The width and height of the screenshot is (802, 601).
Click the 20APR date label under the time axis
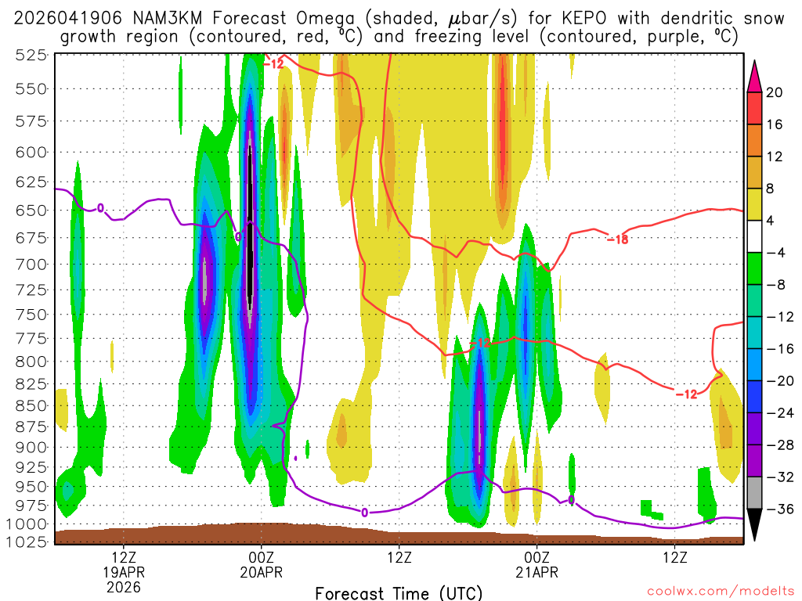[261, 572]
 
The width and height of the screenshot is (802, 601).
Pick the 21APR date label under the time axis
[536, 572]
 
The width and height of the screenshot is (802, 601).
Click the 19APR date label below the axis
[125, 572]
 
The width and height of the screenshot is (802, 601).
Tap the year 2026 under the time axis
[125, 586]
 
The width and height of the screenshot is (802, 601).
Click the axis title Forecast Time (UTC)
[399, 592]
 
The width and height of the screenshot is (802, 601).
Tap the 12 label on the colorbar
[775, 157]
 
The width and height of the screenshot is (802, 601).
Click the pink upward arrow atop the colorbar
[755, 77]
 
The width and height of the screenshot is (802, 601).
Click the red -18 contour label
[617, 239]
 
